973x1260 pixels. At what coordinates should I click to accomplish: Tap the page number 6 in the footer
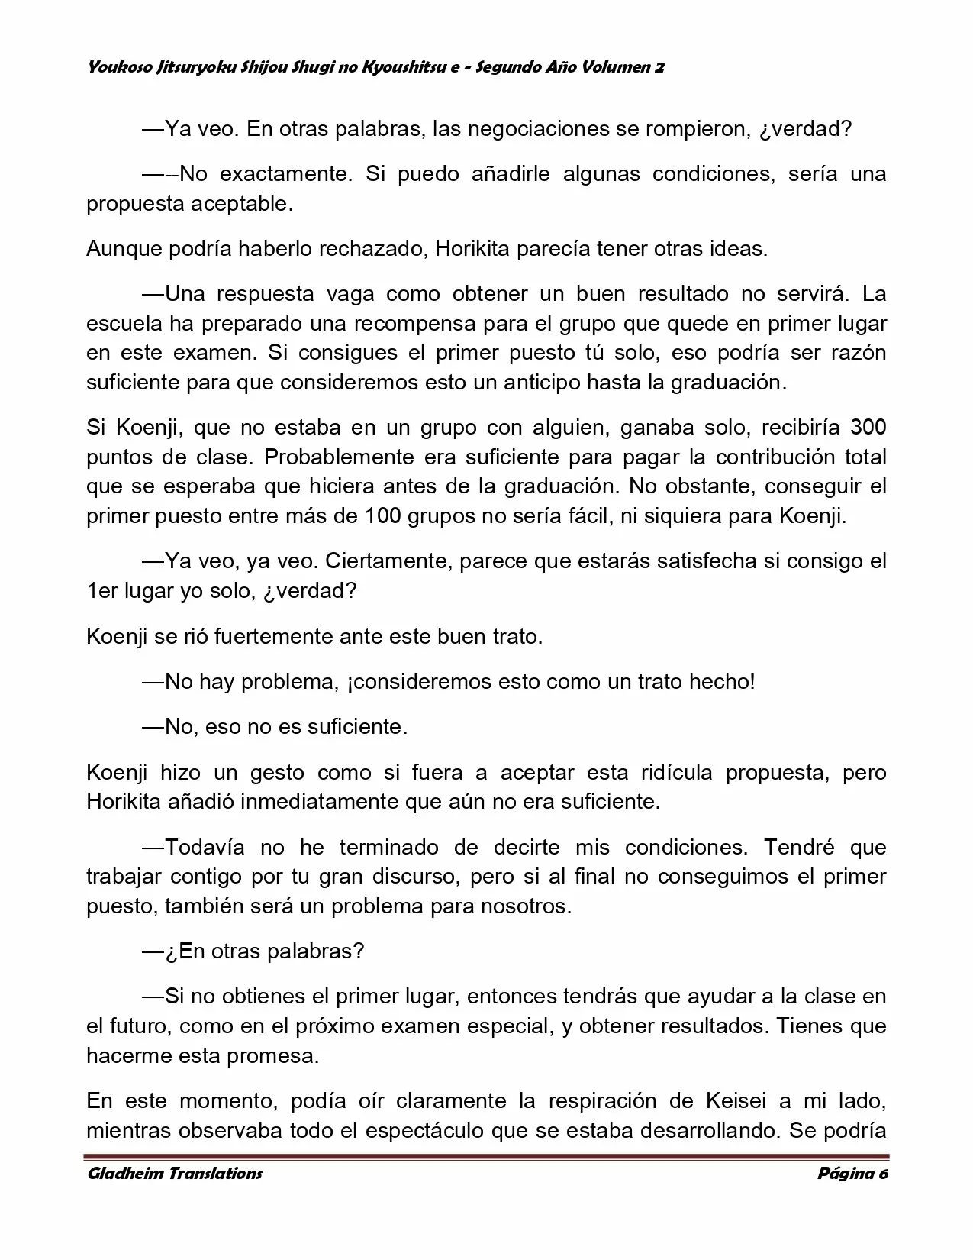coord(884,1174)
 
